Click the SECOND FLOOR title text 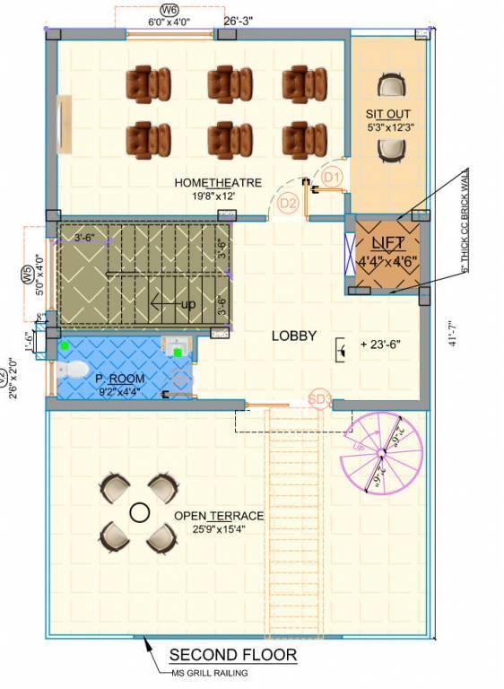click(232, 656)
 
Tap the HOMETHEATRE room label click(218, 183)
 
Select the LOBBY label click(294, 336)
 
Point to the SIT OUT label click(387, 114)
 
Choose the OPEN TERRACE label click(219, 516)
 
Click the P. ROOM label click(119, 379)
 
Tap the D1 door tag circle click(333, 177)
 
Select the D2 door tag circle click(288, 204)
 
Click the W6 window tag click(167, 10)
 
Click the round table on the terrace click(139, 512)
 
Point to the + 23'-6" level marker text click(380, 344)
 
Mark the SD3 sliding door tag click(320, 398)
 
